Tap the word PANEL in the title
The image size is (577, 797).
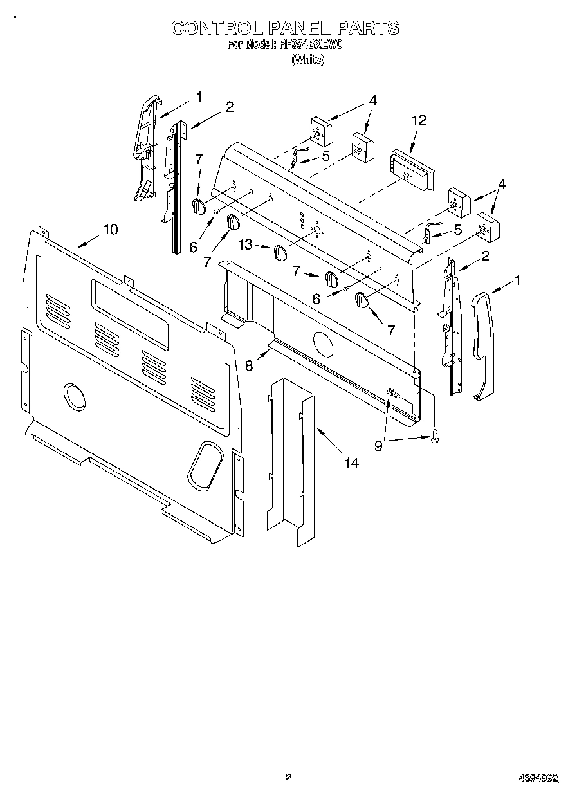pos(298,28)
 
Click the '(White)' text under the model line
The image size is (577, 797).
pos(307,59)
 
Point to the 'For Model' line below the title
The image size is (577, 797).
pos(285,45)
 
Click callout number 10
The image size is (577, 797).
pos(111,229)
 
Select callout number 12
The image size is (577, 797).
pos(419,120)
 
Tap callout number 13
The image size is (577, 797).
pos(247,245)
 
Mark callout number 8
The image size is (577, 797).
pos(249,364)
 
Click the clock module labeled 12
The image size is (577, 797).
pos(412,169)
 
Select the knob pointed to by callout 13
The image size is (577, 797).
pos(280,253)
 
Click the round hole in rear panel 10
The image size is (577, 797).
pos(75,397)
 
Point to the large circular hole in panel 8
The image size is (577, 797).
pos(324,344)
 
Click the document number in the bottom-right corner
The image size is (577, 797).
pos(538,778)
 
